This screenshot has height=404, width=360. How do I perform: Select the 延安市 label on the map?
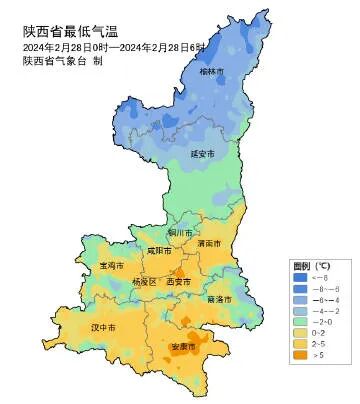203,153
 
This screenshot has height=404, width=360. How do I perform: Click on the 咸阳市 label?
159,251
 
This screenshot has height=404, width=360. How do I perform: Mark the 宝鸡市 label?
111,266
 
